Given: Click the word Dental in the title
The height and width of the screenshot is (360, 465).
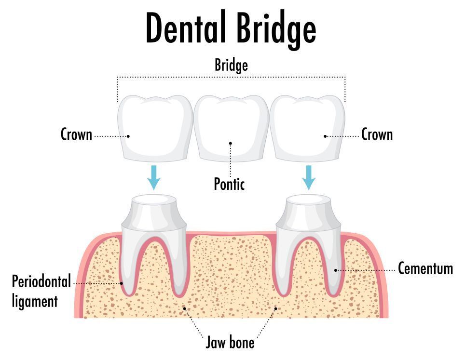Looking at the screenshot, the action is point(185,27).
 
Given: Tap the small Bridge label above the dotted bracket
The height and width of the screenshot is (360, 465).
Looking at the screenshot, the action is point(231,65).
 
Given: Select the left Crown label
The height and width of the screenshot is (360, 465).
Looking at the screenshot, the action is point(76,134).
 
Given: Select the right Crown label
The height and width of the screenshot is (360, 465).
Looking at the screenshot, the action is point(377,134).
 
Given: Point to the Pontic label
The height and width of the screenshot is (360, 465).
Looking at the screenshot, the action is point(229,184).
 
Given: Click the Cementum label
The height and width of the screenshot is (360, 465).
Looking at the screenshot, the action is point(425,268).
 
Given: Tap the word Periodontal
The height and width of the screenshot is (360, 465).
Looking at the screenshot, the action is point(41,281).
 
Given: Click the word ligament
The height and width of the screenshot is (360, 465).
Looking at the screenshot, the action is point(35,302).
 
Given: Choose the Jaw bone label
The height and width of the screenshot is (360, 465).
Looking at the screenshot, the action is point(230,342).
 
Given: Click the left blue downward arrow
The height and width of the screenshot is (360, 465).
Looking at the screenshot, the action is point(153,177).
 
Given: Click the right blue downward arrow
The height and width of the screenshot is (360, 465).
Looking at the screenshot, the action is point(308,177).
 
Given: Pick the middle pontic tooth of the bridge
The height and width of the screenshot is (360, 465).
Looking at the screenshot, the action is point(231,129).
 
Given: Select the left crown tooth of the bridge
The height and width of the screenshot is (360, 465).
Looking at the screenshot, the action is point(155,129).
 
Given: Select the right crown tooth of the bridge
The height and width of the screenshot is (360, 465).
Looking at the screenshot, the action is point(308,129).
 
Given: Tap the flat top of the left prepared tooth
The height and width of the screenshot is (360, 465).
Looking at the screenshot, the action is point(154,199).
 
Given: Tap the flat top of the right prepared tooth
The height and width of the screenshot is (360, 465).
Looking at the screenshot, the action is point(309,199).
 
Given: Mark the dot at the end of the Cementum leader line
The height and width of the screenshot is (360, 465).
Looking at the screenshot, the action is point(336,270).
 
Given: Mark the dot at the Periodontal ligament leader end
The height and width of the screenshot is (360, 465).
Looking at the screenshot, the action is point(121,283).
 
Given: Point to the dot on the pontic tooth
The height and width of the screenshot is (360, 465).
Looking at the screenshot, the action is point(231,144).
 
